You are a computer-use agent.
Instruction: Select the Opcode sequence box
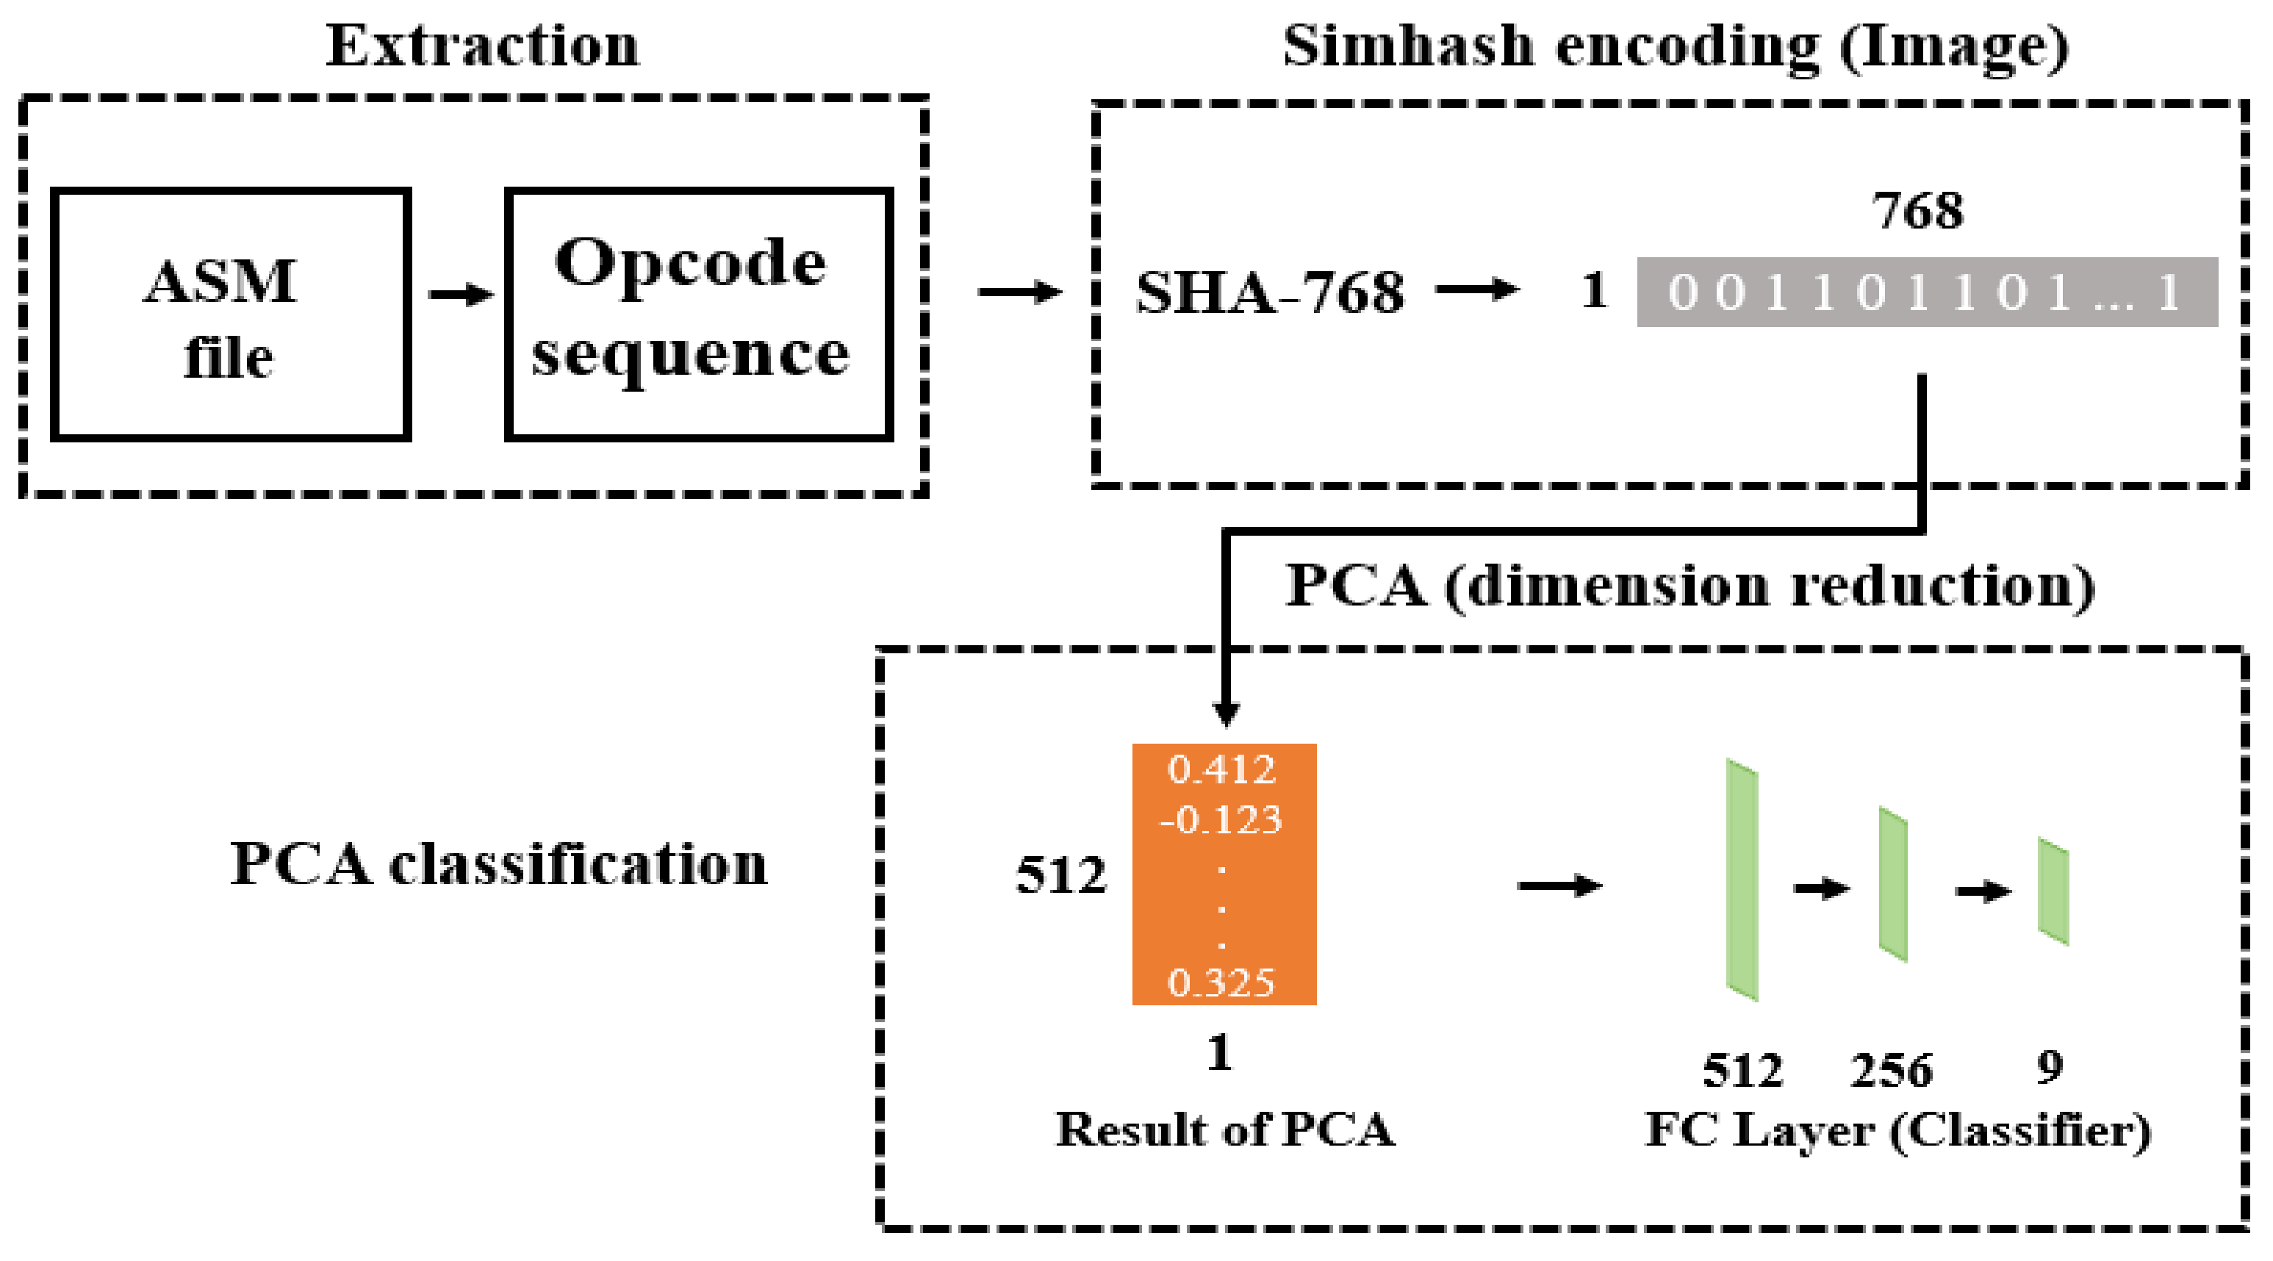698,314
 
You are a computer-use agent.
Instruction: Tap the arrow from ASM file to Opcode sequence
460,295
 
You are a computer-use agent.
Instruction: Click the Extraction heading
483,46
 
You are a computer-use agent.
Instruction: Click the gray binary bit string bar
1926,292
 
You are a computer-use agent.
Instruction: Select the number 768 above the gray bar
1917,211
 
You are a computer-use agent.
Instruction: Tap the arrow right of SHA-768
1476,290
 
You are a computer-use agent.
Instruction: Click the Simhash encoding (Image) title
1675,46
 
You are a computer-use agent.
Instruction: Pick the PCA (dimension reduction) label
1689,586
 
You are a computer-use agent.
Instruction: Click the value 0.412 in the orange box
1221,770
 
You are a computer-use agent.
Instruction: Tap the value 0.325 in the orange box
1221,982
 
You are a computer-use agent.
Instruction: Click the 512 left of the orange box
1060,876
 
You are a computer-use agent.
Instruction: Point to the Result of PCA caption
1225,1129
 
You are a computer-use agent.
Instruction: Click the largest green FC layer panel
1741,880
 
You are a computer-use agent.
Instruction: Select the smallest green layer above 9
2053,891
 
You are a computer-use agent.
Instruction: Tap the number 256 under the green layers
1890,1071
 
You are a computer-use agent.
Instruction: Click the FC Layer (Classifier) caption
1898,1131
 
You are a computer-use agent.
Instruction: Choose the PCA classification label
498,864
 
